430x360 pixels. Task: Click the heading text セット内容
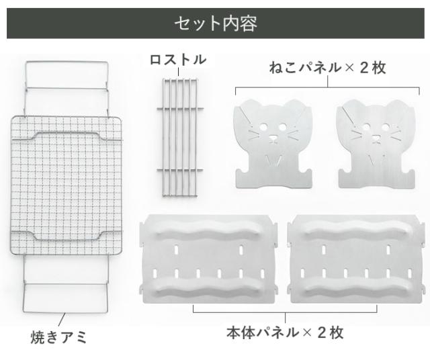click(x=216, y=24)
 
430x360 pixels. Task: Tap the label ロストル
click(x=178, y=60)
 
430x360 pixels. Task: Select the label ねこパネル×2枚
click(x=328, y=68)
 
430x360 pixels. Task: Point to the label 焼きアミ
click(x=58, y=337)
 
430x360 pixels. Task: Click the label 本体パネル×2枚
click(x=285, y=332)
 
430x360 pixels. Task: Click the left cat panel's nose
click(x=273, y=138)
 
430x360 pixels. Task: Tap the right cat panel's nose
click(x=376, y=138)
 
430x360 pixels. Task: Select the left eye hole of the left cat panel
click(x=263, y=127)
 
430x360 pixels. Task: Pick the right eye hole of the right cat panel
click(x=386, y=127)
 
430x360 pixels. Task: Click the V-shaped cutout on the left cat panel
click(x=273, y=161)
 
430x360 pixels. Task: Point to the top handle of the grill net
click(x=67, y=62)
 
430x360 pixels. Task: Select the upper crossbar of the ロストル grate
click(x=180, y=109)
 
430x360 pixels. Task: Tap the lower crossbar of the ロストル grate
click(x=180, y=171)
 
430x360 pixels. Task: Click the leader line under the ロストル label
click(x=178, y=72)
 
